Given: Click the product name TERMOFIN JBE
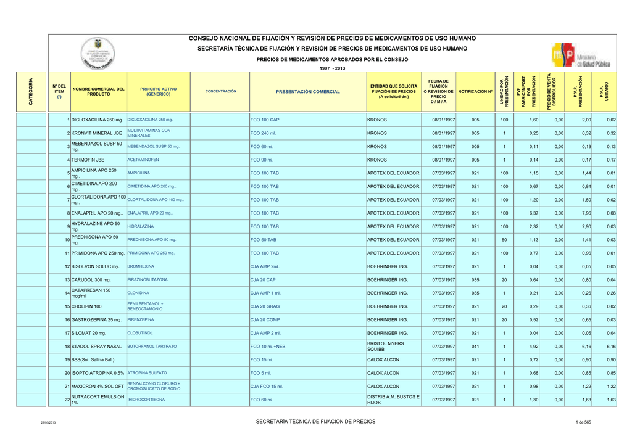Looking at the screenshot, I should coord(89,160).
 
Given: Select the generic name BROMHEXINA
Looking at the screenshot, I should coord(141,266).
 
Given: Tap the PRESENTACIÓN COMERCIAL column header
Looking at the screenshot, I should coord(307,92).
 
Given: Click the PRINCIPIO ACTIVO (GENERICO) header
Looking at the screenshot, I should coord(158,92).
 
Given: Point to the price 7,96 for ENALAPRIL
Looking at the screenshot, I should coord(586,213).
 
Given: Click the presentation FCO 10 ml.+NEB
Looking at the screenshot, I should coord(268,347).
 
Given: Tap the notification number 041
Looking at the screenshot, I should coord(475,347).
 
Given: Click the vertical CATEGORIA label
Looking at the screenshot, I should coord(31,91).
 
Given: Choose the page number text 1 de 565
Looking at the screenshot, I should coord(583,422).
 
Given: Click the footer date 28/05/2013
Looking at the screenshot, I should coord(49,422).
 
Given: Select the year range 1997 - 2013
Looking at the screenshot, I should coord(332,68).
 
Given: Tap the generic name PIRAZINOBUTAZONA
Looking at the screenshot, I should coord(148,280).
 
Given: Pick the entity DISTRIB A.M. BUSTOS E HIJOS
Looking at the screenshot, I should coord(393,400).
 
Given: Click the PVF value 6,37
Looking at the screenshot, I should coord(534,213).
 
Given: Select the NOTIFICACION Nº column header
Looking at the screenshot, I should coord(475,92).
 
